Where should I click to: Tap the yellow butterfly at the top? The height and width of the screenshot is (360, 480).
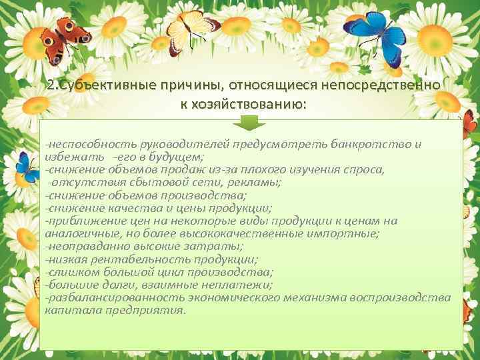190,26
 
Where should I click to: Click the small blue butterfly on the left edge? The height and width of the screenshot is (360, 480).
27,167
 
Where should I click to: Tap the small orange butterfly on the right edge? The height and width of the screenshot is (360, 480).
469,123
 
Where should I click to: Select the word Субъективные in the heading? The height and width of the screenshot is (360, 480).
106,86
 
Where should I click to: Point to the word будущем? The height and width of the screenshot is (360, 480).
178,157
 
